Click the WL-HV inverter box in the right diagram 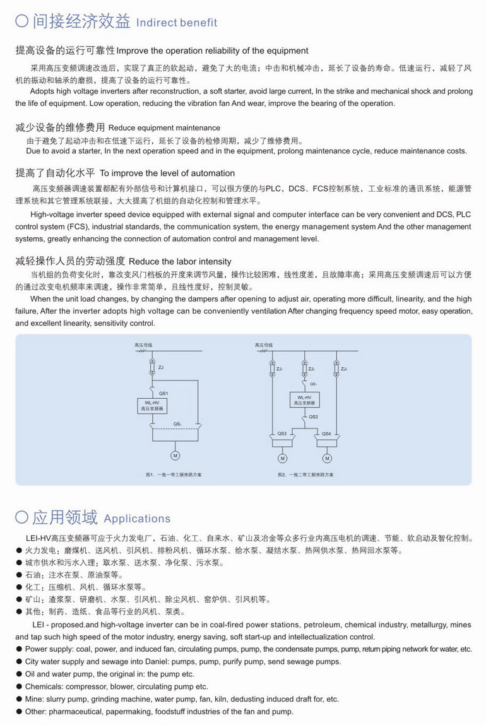click(304, 399)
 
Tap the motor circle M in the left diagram click(175, 456)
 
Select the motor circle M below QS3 click(282, 458)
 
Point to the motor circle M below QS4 click(326, 458)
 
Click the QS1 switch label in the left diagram click(163, 392)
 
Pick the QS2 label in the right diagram click(314, 416)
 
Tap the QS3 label click(282, 433)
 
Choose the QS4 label click(326, 433)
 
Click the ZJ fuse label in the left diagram click(161, 367)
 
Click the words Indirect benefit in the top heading click(177, 23)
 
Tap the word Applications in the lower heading click(137, 519)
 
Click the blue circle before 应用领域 click(22, 517)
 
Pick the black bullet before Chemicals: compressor click(20, 687)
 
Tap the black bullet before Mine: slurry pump click(20, 699)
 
